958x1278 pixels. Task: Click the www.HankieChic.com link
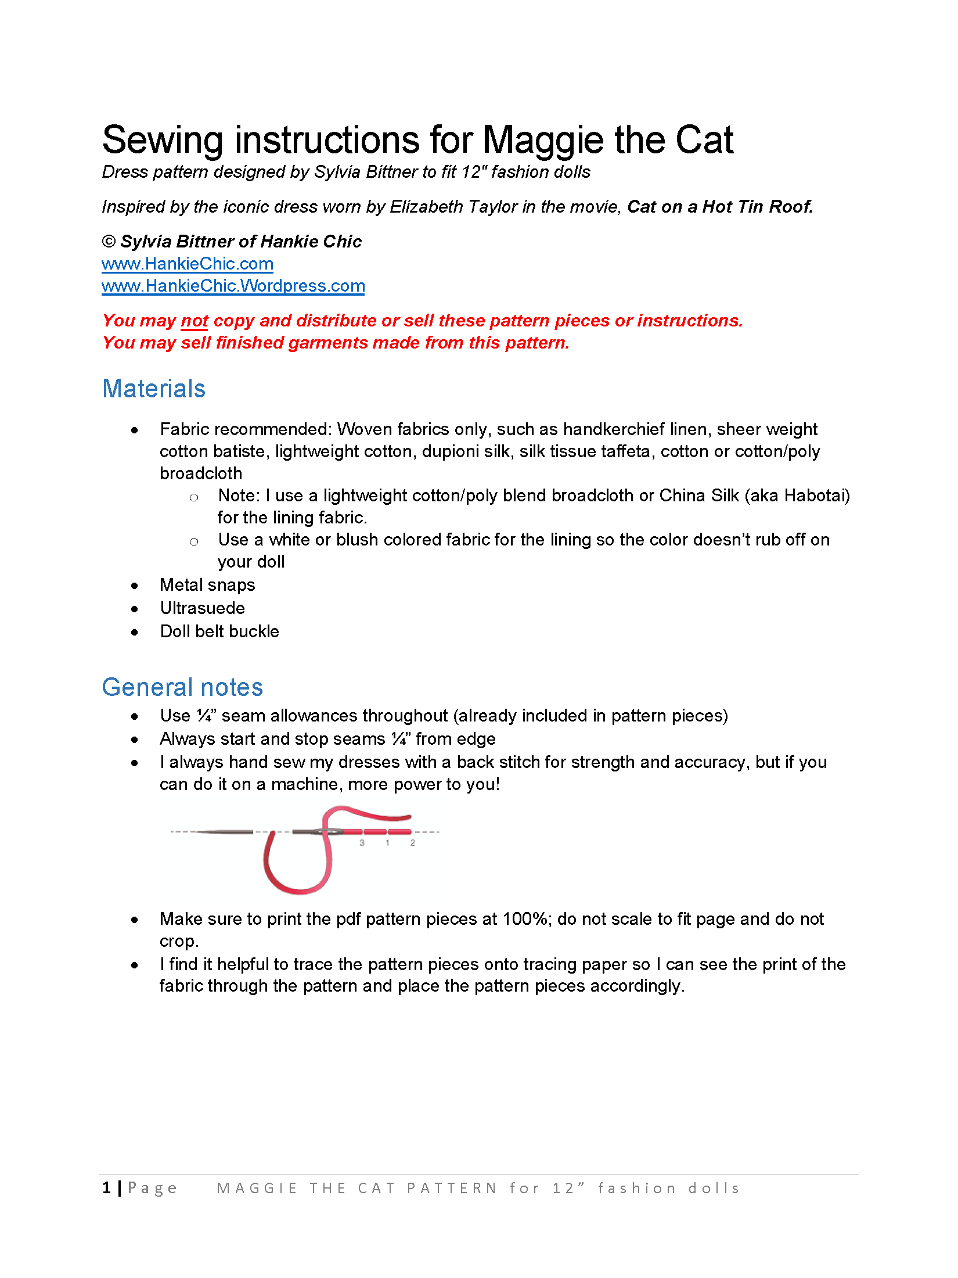click(x=187, y=264)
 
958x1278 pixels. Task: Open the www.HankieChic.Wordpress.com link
click(x=233, y=286)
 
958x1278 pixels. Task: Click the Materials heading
click(x=154, y=389)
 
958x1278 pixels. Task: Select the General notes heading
click(x=182, y=687)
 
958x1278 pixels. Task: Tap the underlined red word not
click(x=195, y=321)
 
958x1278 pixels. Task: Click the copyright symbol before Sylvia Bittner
click(x=109, y=242)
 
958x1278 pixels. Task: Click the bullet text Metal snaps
click(x=207, y=585)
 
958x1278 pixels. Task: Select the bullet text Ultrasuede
click(x=202, y=608)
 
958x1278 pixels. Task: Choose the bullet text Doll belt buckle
click(x=219, y=631)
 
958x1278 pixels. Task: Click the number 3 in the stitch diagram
click(x=362, y=842)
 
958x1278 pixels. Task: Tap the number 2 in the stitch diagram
click(x=413, y=842)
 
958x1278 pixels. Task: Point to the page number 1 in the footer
click(x=107, y=1188)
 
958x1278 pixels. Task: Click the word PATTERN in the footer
click(x=452, y=1189)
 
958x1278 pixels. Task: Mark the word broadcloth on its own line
click(x=201, y=473)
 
